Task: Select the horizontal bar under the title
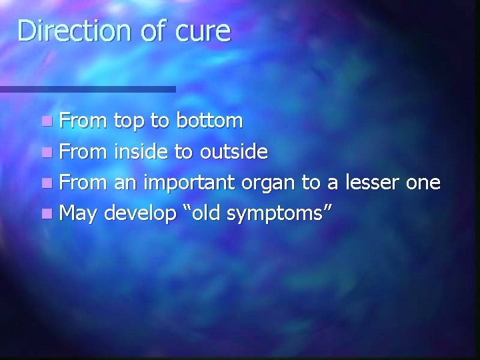pos(87,89)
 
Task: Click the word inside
pos(141,153)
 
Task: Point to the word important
pos(188,183)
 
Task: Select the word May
pos(79,214)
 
